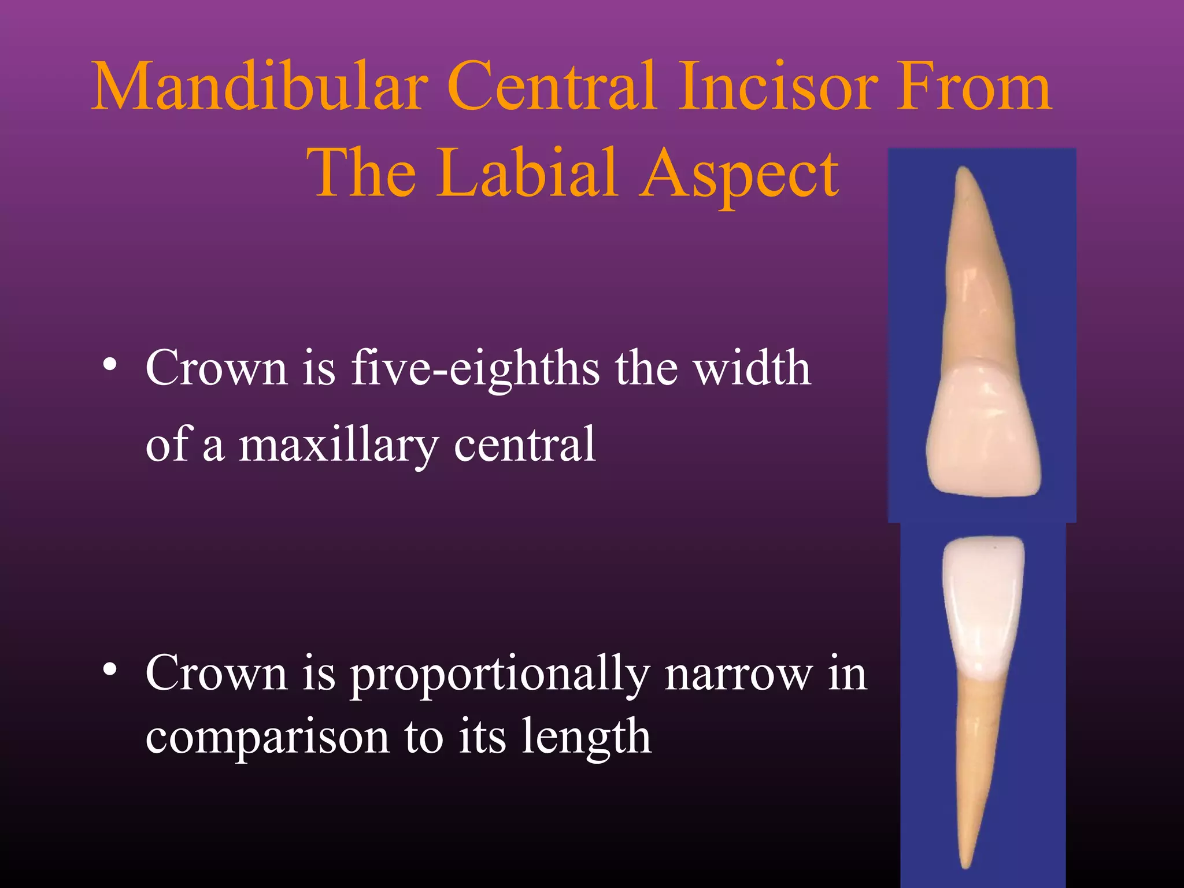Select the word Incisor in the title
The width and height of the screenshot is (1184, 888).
tap(775, 87)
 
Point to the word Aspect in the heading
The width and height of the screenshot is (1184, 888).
tap(740, 173)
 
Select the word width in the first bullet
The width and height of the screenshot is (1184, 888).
tap(752, 368)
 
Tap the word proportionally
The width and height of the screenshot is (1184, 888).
tap(501, 675)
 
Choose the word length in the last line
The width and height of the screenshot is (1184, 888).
tap(586, 738)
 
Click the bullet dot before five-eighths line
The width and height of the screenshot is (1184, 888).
tap(109, 365)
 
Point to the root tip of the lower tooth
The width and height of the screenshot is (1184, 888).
tap(964, 864)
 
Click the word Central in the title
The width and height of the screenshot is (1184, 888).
tap(552, 87)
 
